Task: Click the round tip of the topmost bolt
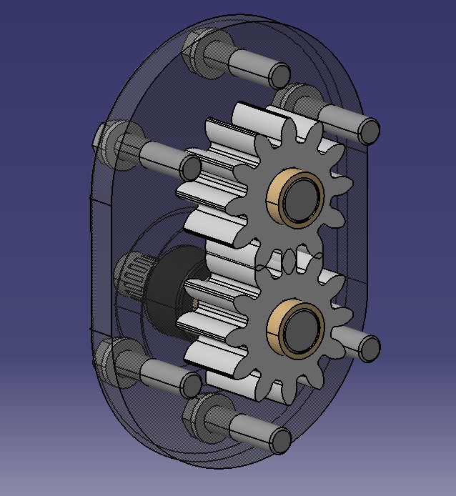[x=280, y=75]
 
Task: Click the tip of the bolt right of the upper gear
[x=368, y=132]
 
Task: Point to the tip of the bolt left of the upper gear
[x=190, y=168]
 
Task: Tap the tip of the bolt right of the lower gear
[x=369, y=348]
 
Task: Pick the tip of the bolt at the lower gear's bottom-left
[x=190, y=385]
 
